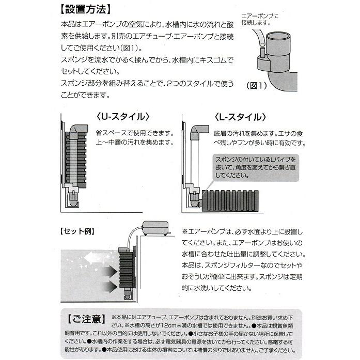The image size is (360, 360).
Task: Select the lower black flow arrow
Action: click(x=107, y=284)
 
